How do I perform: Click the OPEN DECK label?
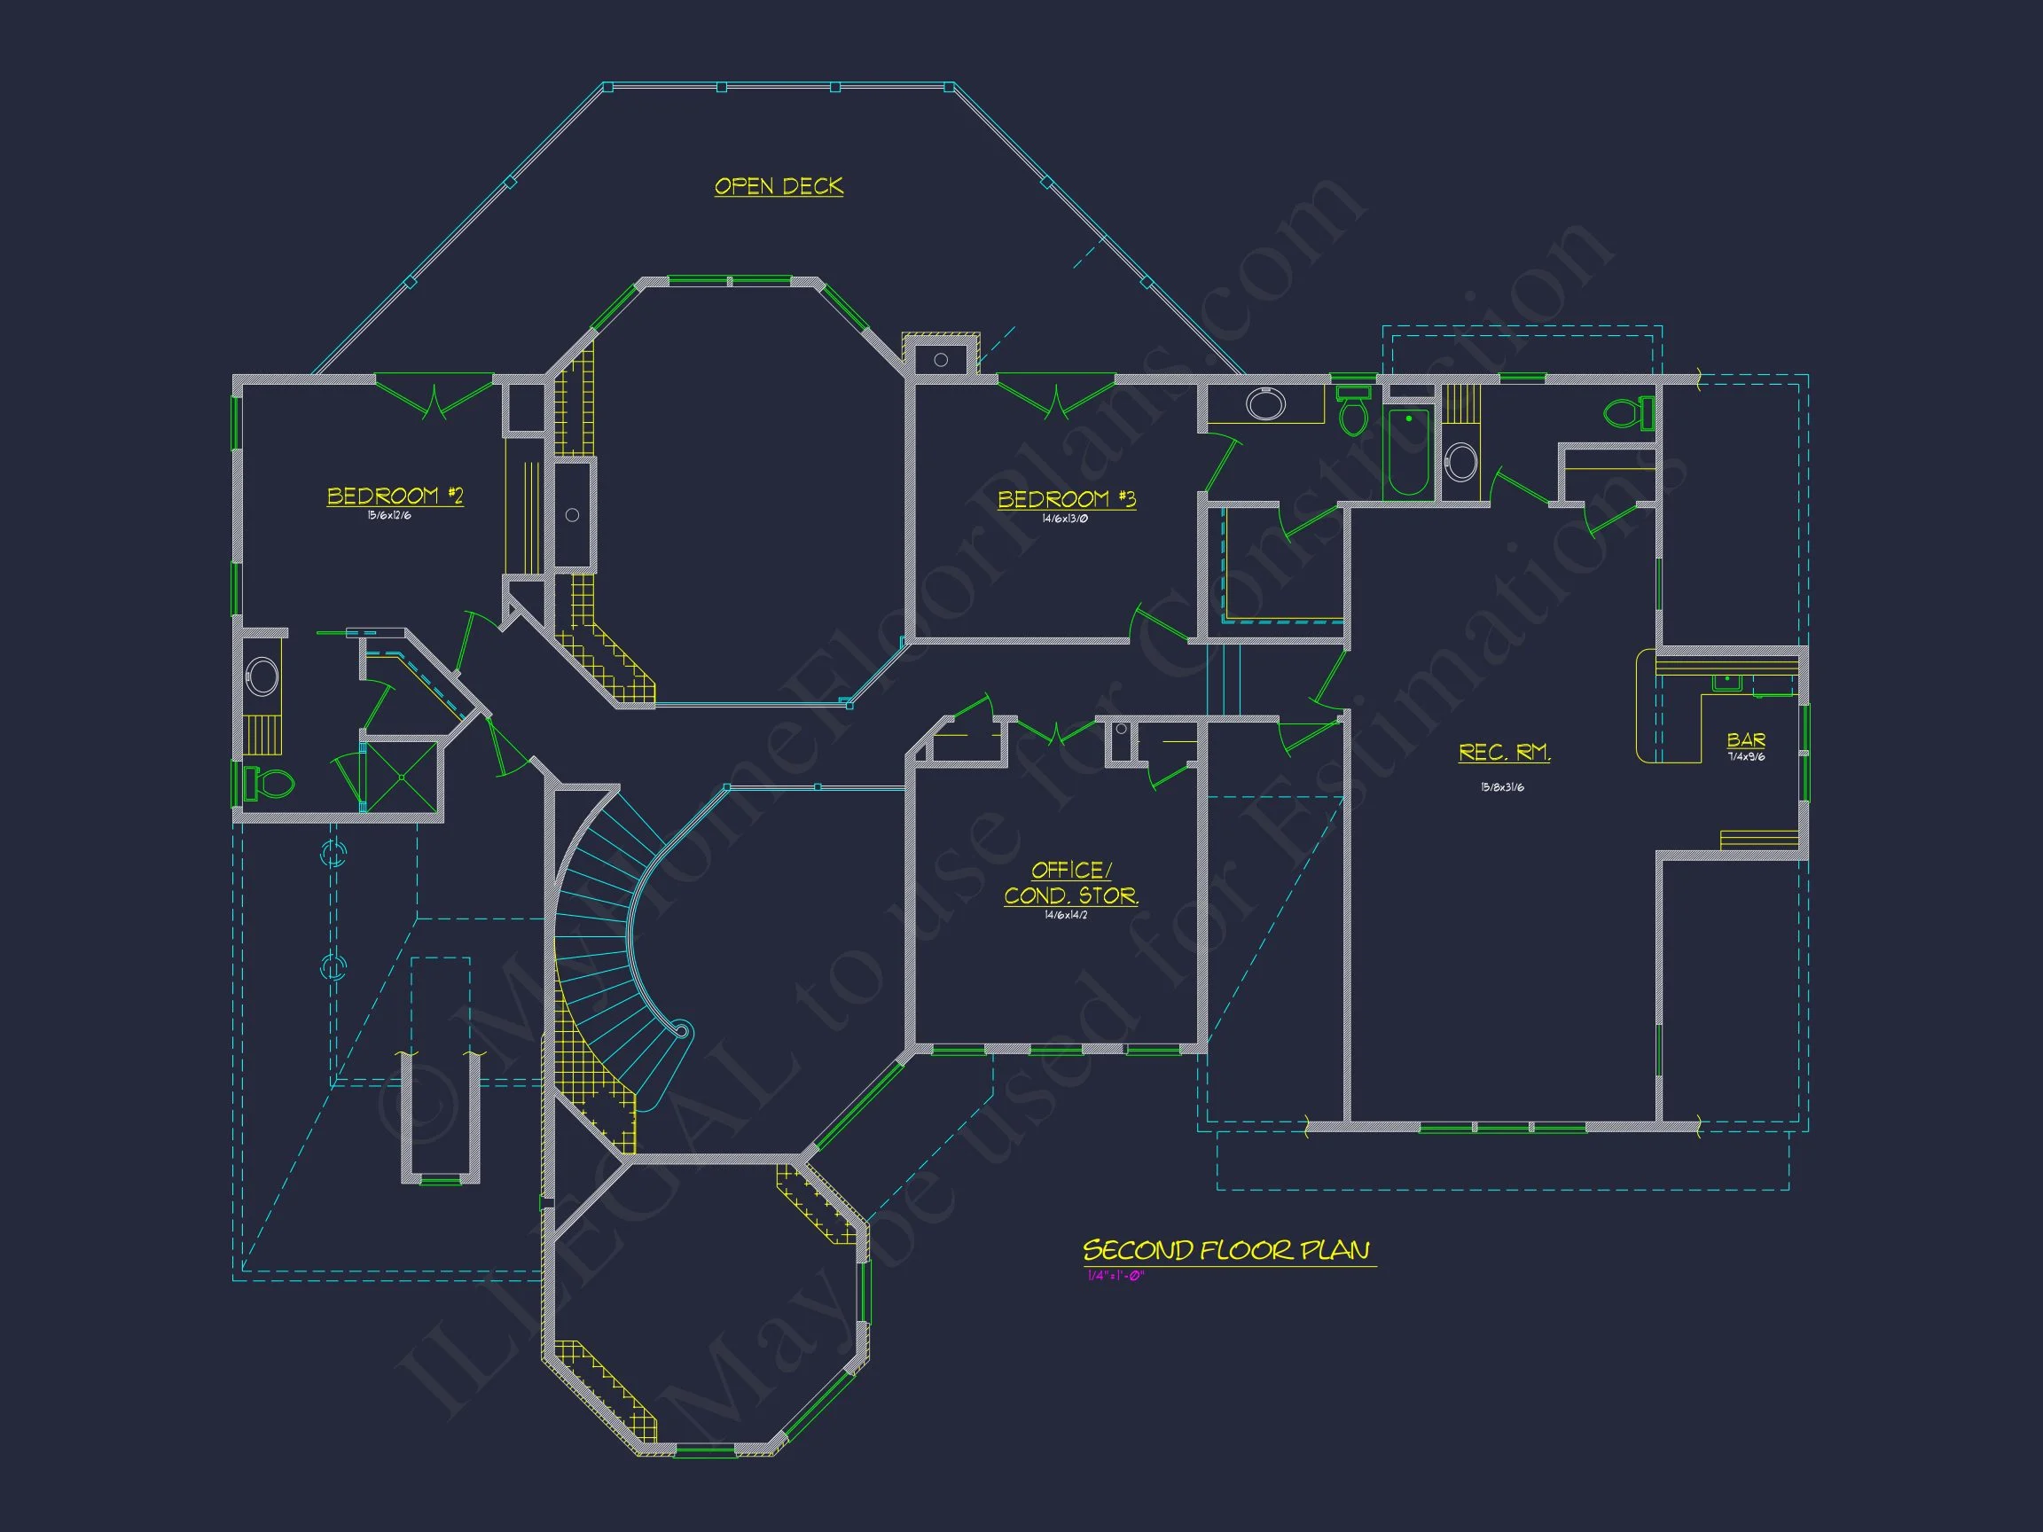779,186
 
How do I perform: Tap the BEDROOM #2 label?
395,496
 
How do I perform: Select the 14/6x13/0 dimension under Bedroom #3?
1065,519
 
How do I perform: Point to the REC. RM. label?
1504,753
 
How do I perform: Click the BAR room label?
1746,739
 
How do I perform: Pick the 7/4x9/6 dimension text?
1746,757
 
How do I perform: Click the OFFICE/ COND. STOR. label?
1071,883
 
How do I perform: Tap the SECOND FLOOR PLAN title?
1226,1250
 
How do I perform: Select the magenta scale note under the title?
1115,1276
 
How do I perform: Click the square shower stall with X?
402,777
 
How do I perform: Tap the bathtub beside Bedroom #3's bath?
1407,452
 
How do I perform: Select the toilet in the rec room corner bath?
1627,413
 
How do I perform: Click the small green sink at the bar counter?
1726,683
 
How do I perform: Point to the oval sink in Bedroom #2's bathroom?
262,676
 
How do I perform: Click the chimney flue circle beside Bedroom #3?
940,360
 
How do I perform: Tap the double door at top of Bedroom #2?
434,397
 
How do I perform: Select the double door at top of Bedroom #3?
1056,397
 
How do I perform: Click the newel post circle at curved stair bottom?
682,1029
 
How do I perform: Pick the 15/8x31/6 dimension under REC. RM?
1503,787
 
